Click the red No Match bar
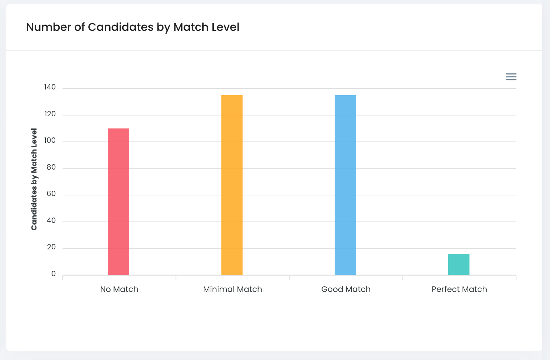pos(119,201)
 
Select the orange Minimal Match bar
pos(232,185)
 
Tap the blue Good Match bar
pos(345,185)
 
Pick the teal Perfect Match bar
pos(459,264)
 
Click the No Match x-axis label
pos(119,289)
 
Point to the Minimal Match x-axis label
pos(232,289)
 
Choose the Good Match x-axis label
pos(346,289)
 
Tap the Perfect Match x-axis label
pos(459,289)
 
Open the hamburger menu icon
pos(511,77)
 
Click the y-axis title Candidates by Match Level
pos(34,179)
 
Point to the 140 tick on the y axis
pos(50,87)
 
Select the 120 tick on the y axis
pos(50,114)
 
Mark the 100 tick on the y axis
pos(50,141)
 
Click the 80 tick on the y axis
pos(51,167)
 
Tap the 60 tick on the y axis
pos(51,194)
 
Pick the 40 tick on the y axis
pos(51,221)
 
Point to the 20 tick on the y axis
pos(51,247)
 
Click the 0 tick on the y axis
pos(54,274)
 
